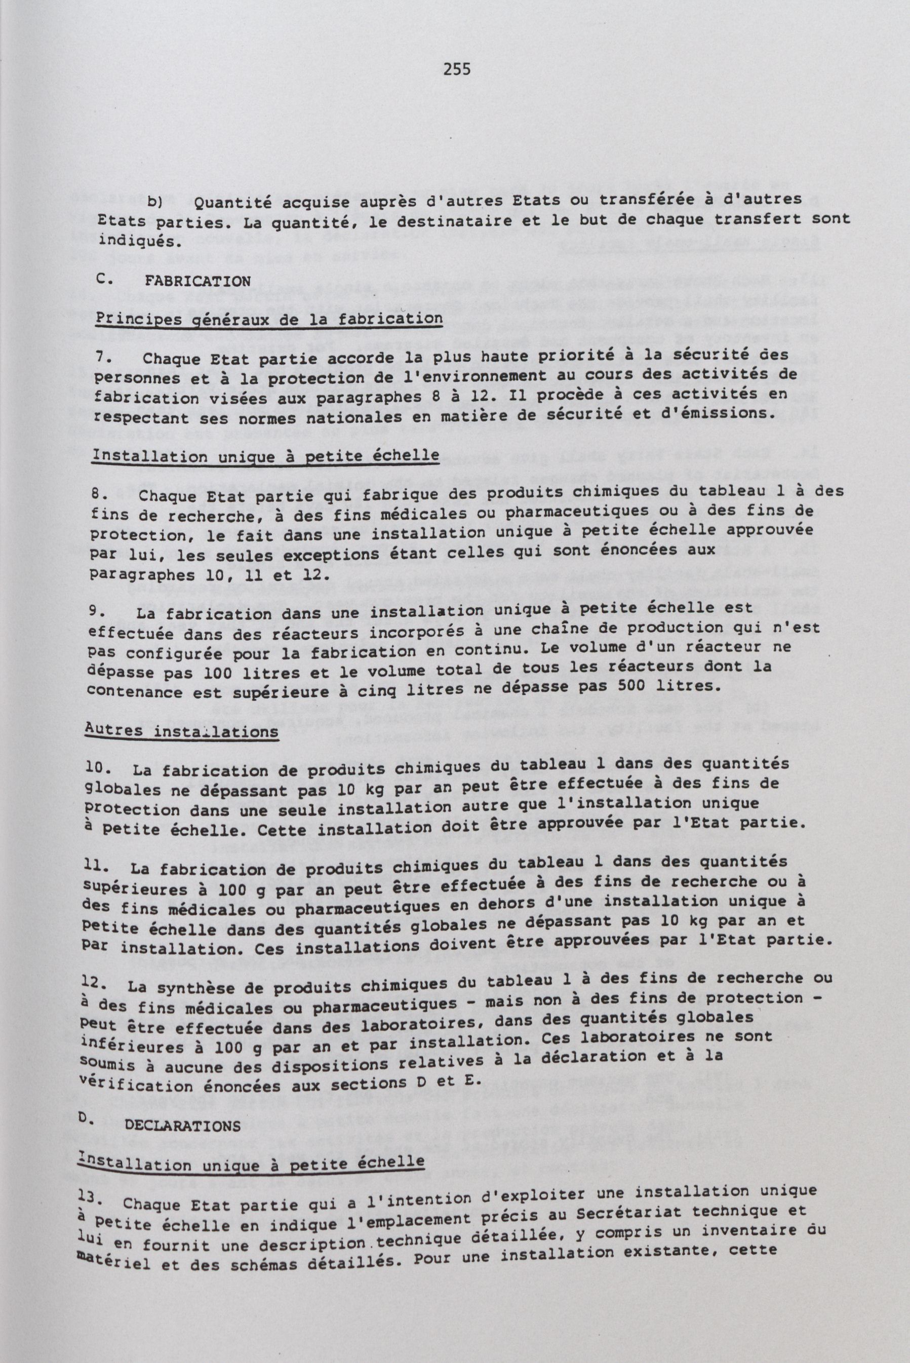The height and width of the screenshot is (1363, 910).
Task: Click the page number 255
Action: (x=457, y=70)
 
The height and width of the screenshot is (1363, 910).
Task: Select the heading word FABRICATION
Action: (x=197, y=282)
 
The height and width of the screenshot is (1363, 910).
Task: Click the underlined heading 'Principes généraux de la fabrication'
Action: (x=269, y=319)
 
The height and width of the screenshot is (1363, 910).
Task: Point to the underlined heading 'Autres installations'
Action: (x=182, y=731)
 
